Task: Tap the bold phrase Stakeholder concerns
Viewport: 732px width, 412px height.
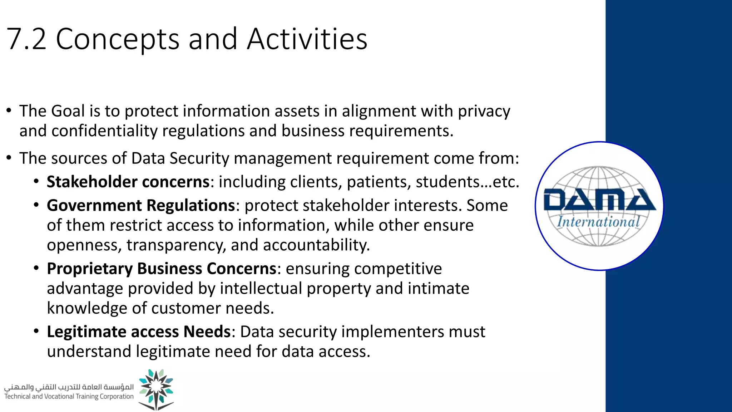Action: (x=128, y=182)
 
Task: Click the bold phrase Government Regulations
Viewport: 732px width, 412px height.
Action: (x=141, y=206)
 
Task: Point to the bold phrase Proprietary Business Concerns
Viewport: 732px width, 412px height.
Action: (x=162, y=269)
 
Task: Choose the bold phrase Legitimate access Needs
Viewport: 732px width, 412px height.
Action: (x=139, y=332)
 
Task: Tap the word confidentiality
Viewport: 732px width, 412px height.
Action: (x=104, y=131)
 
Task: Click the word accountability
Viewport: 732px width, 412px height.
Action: (x=316, y=245)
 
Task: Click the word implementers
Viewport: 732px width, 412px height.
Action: (x=393, y=332)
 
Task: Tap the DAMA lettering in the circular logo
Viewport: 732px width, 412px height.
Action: (x=599, y=200)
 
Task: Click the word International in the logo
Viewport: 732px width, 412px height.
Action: (x=598, y=222)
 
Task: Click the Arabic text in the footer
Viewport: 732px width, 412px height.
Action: (x=69, y=387)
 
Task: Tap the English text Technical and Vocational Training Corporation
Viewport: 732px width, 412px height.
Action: (x=69, y=397)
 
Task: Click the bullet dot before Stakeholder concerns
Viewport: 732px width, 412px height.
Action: (x=36, y=181)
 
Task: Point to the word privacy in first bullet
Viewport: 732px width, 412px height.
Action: (x=484, y=111)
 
